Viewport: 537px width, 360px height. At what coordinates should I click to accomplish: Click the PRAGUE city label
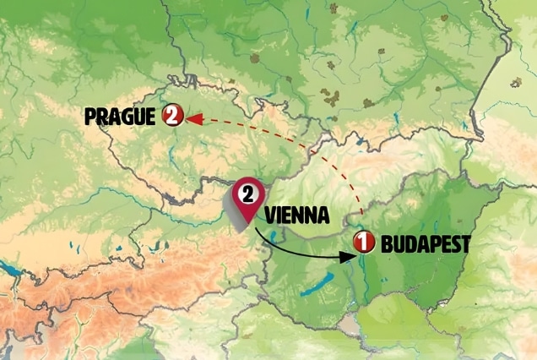point(121,117)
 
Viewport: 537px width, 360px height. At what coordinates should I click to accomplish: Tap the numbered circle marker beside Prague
point(173,116)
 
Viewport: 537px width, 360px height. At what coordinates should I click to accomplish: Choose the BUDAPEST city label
point(425,244)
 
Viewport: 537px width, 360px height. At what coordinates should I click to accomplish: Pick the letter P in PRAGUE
point(91,117)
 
